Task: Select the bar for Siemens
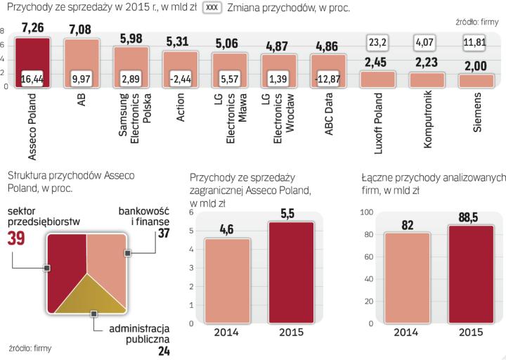tap(477, 80)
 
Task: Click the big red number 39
tap(18, 239)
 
